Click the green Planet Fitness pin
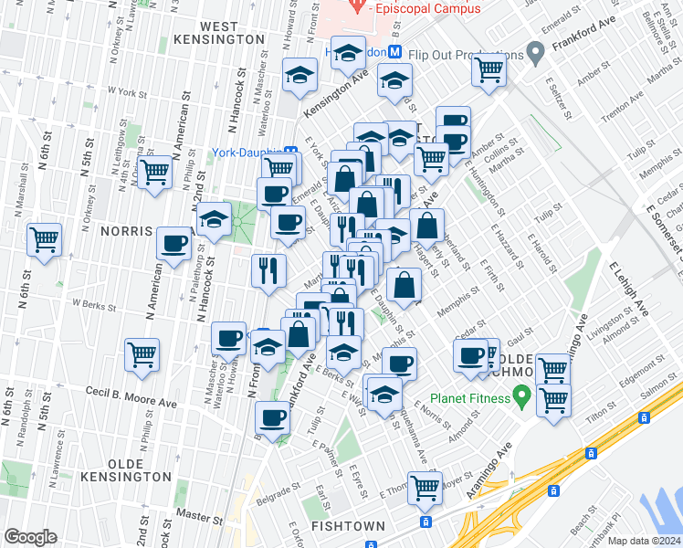click(x=521, y=397)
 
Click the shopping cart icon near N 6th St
click(x=44, y=240)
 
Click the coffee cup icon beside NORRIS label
click(x=173, y=244)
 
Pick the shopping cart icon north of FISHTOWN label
click(x=426, y=489)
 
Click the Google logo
click(x=31, y=537)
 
